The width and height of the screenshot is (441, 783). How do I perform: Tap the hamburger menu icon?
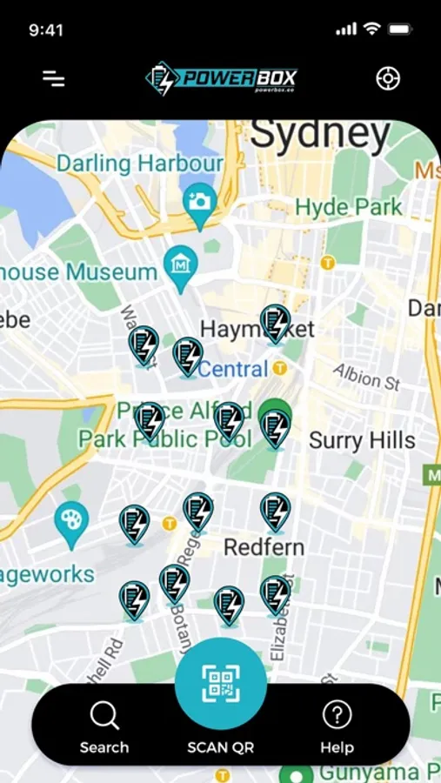54,78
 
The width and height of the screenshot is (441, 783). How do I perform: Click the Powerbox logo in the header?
221,78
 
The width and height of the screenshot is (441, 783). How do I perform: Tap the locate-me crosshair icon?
387,78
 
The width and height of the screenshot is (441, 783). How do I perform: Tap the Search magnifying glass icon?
104,716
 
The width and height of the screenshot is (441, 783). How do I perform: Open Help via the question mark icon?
337,715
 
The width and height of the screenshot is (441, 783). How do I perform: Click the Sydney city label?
320,135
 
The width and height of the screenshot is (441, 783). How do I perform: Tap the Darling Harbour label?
141,163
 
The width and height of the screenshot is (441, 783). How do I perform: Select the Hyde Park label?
349,207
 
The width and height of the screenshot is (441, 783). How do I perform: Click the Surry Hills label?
362,440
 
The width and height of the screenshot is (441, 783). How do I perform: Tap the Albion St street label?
366,376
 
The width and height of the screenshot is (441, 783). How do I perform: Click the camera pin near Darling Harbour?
201,204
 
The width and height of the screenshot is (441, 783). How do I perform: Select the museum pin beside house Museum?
182,263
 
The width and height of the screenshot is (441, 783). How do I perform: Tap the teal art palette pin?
70,522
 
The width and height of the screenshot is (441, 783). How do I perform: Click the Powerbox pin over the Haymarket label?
275,322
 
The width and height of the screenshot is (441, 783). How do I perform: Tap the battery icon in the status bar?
400,29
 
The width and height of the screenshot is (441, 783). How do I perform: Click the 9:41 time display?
46,30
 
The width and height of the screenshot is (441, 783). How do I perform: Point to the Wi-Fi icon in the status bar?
371,29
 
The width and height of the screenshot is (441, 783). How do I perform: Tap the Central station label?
233,369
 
